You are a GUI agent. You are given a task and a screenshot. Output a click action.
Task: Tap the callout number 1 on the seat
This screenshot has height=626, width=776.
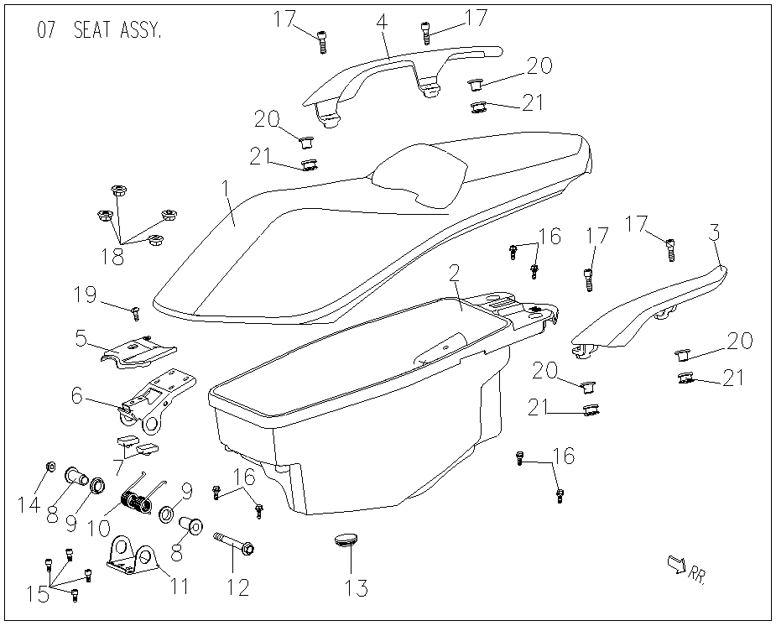227,190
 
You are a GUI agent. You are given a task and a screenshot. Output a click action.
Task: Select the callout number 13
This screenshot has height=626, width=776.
357,587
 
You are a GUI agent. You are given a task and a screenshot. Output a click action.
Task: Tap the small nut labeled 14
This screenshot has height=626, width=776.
50,467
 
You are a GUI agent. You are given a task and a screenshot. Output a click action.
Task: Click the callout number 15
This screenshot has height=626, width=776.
38,594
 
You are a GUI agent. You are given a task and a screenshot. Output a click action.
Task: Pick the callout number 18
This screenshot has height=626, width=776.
112,256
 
